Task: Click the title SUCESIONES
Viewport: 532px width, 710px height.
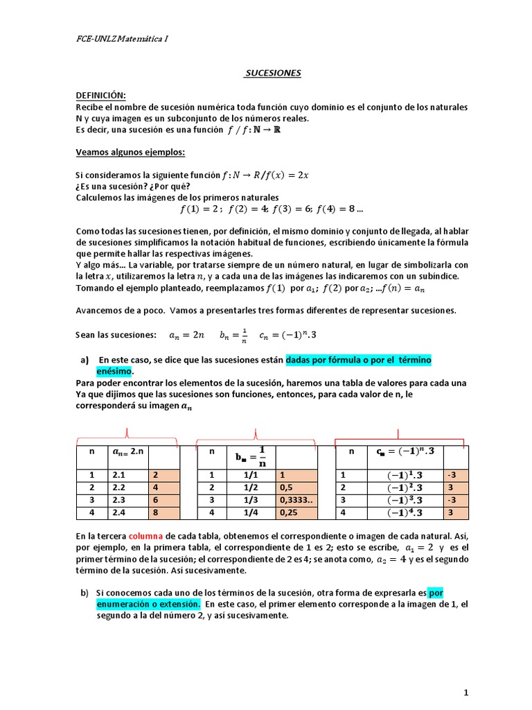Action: click(273, 73)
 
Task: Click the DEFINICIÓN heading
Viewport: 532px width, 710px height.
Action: click(101, 95)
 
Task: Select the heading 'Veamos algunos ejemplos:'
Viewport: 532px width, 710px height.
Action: click(130, 153)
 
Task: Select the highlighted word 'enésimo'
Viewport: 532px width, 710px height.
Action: click(113, 372)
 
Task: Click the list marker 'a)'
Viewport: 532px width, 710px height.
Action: click(86, 361)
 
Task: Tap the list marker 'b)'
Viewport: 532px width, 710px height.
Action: click(85, 593)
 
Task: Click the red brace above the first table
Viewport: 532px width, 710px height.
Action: click(127, 435)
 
